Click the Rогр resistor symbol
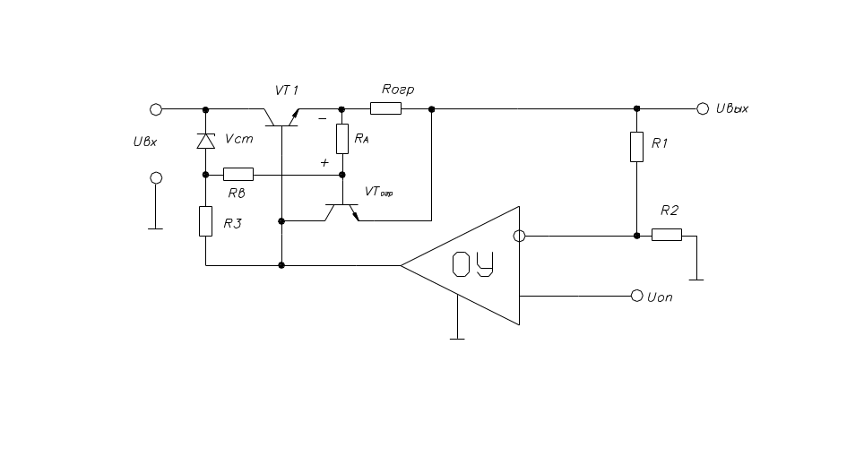pos(385,108)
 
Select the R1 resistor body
pos(636,147)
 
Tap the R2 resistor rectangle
pos(667,235)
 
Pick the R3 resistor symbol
pos(205,221)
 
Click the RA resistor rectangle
pos(342,139)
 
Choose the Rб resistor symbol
pos(238,174)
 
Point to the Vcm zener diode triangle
pos(206,141)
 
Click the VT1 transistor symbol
pos(281,117)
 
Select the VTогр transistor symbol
pos(341,212)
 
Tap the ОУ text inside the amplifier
pos(472,264)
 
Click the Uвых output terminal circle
pos(703,108)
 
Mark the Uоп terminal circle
pos(637,296)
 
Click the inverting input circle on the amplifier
pos(519,236)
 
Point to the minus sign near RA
pos(323,118)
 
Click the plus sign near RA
pos(324,162)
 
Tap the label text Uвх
pos(145,142)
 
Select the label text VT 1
pos(287,90)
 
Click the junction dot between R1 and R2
pos(636,236)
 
